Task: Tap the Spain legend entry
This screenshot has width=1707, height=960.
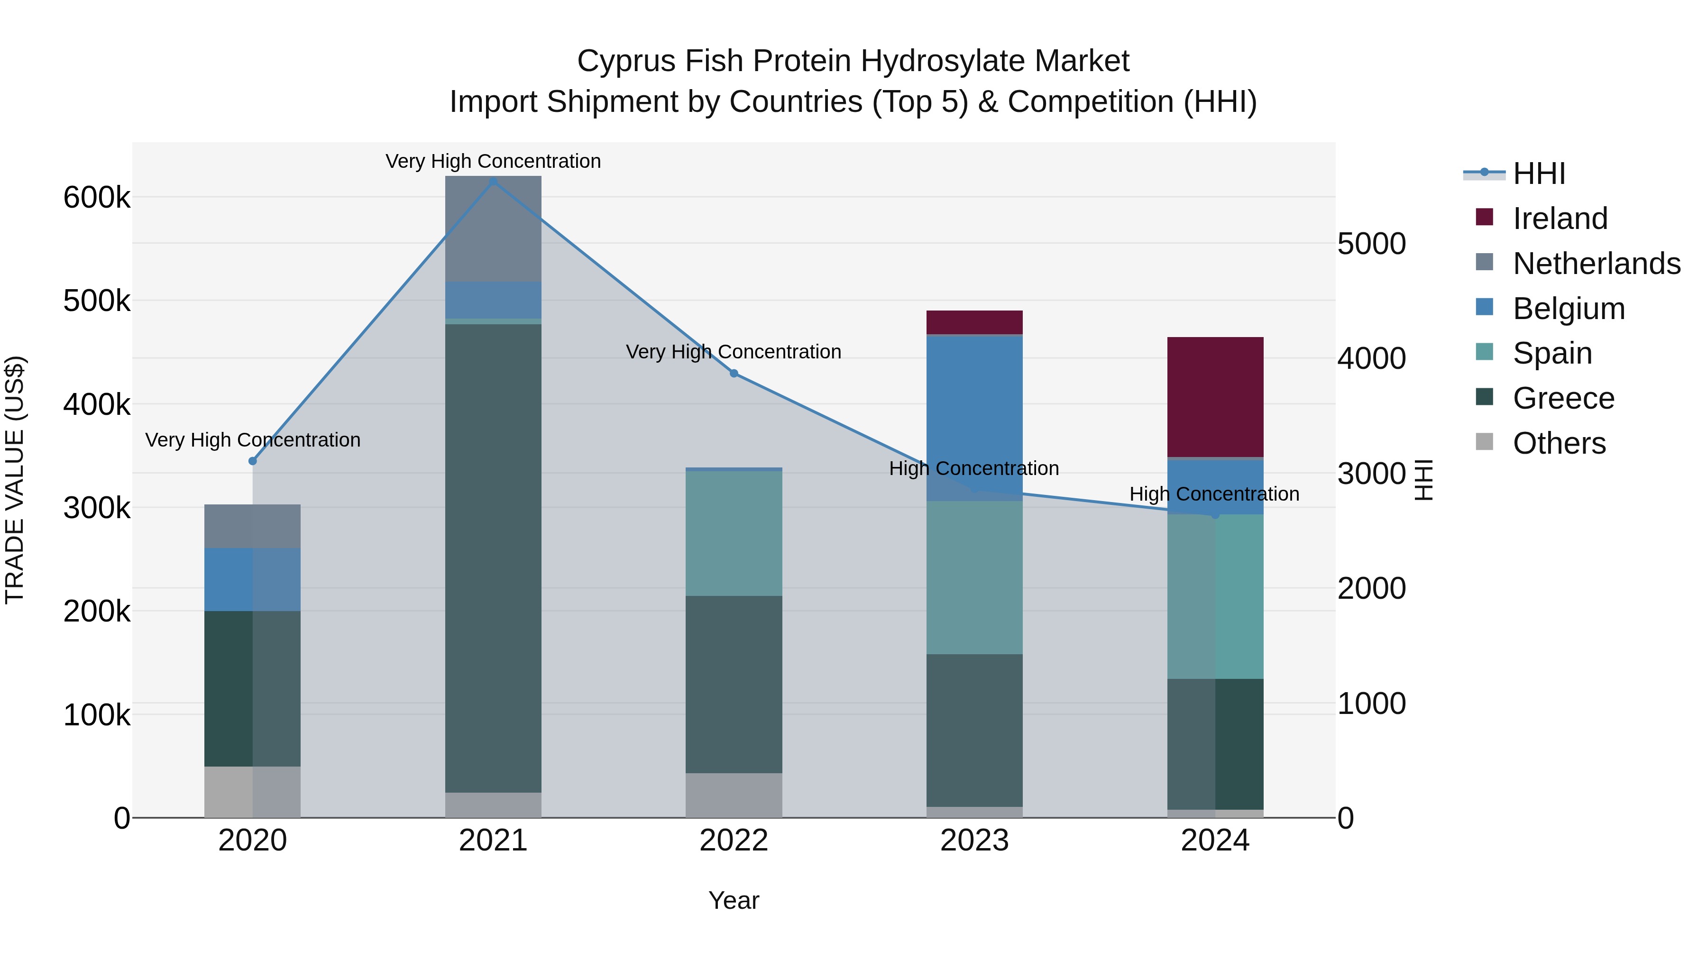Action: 1552,353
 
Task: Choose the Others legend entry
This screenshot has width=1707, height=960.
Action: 1559,443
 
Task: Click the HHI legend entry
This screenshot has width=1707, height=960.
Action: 1539,174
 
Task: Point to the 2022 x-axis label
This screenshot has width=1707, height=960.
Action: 734,841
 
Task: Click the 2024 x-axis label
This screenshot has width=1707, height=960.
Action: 1215,841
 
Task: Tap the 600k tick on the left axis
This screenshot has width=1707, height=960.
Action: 97,197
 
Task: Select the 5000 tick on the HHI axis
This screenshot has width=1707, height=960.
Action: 1371,244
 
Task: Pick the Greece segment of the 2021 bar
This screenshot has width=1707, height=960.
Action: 493,558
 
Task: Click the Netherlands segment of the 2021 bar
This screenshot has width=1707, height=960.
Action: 493,229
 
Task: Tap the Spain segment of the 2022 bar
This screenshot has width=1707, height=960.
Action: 734,533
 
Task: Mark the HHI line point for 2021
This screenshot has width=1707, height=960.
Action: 493,182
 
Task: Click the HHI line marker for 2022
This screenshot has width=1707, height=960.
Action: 734,374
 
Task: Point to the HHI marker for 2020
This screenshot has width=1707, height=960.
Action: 252,461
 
